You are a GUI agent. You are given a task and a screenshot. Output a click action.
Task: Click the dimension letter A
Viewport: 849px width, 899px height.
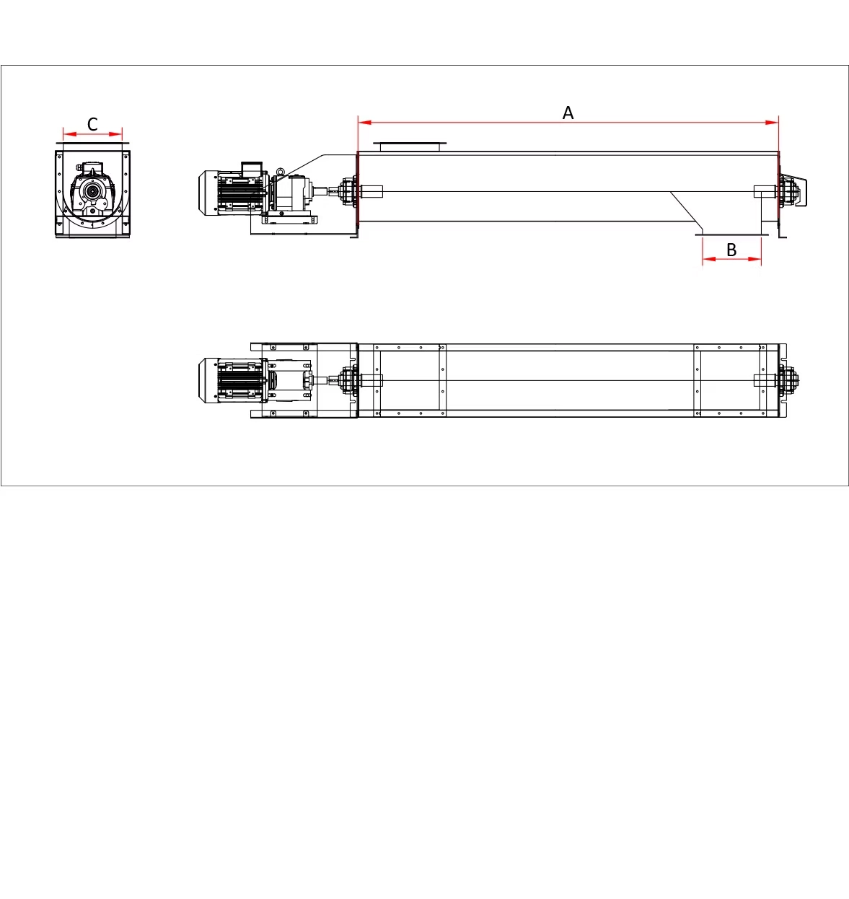click(x=568, y=113)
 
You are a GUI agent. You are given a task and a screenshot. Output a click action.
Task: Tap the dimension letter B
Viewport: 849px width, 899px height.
click(x=731, y=250)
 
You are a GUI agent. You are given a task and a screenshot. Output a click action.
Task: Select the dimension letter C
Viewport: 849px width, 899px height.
click(x=92, y=124)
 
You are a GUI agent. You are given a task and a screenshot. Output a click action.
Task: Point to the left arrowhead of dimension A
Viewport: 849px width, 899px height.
click(x=365, y=122)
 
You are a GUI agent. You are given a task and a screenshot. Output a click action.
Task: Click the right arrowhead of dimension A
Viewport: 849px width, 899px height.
click(x=772, y=122)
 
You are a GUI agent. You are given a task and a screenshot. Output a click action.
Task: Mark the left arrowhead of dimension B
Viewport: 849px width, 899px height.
click(x=709, y=259)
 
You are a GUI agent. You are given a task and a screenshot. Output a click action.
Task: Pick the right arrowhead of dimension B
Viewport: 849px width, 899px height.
click(x=755, y=259)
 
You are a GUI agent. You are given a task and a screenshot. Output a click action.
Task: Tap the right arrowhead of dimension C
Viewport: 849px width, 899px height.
click(x=116, y=134)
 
